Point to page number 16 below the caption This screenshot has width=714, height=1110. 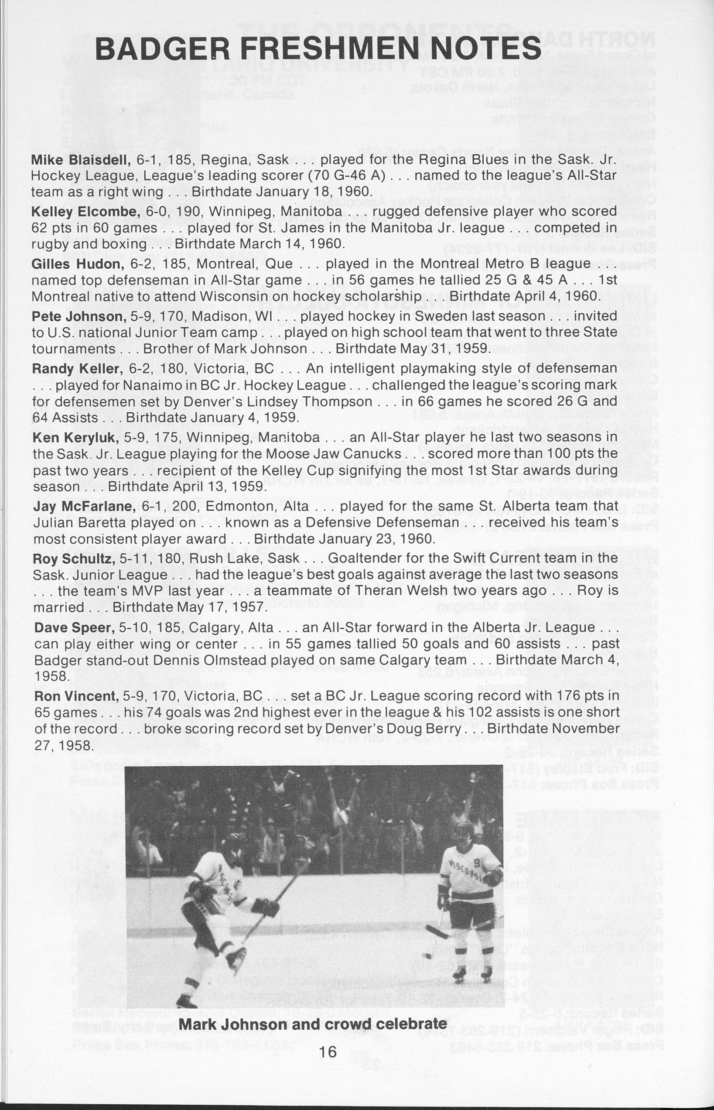tap(327, 1052)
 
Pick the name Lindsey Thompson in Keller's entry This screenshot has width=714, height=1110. tap(305, 401)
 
